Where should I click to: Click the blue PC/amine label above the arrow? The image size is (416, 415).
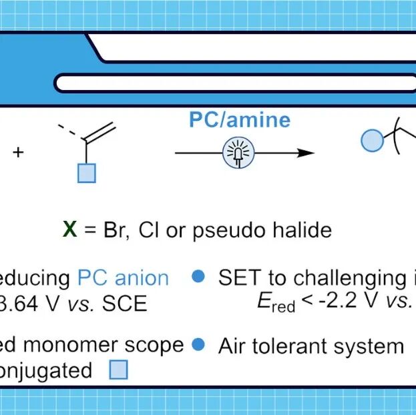[x=240, y=120]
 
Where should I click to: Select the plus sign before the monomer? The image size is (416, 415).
[x=18, y=153]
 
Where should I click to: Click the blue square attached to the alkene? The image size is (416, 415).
[x=87, y=173]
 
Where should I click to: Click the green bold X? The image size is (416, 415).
[x=69, y=230]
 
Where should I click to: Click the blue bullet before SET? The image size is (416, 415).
[x=198, y=277]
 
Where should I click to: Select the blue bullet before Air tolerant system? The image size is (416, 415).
[x=198, y=345]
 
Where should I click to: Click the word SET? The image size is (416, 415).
[x=239, y=278]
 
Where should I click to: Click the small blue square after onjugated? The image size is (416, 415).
[x=118, y=370]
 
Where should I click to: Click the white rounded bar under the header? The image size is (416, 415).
[x=234, y=83]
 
